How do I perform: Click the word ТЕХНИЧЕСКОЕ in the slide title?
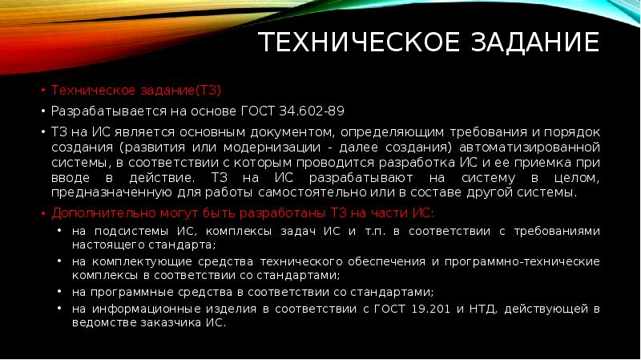click(x=348, y=42)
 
